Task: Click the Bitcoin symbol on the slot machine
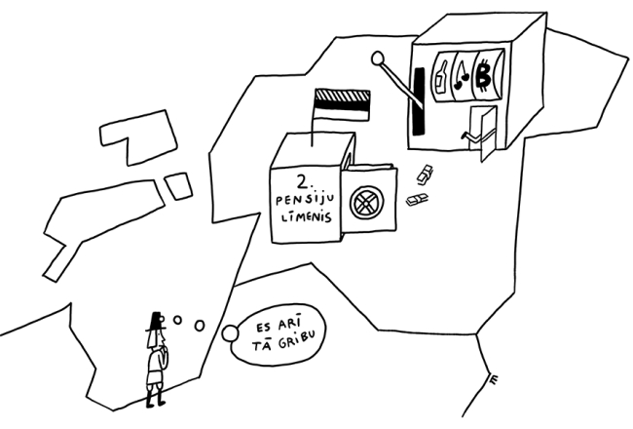(x=483, y=78)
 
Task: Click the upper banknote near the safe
(x=425, y=176)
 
